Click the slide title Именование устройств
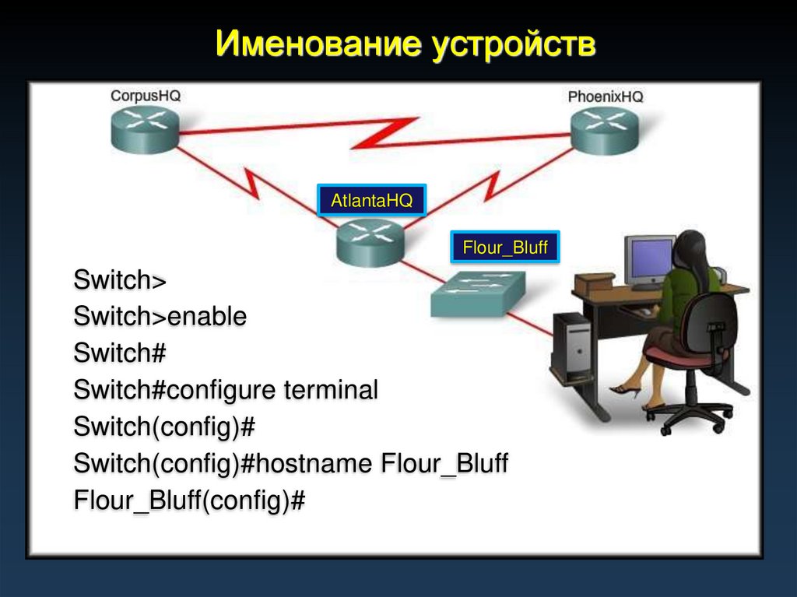coord(406,44)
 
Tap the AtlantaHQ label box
coord(371,201)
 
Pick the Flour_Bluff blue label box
coord(505,249)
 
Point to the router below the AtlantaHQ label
coord(370,241)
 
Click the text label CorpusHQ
coord(146,96)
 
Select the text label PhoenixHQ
coord(606,97)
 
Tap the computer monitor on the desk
coord(649,261)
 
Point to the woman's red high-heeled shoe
coord(625,390)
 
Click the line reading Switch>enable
coord(160,316)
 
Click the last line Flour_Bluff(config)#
coord(189,500)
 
